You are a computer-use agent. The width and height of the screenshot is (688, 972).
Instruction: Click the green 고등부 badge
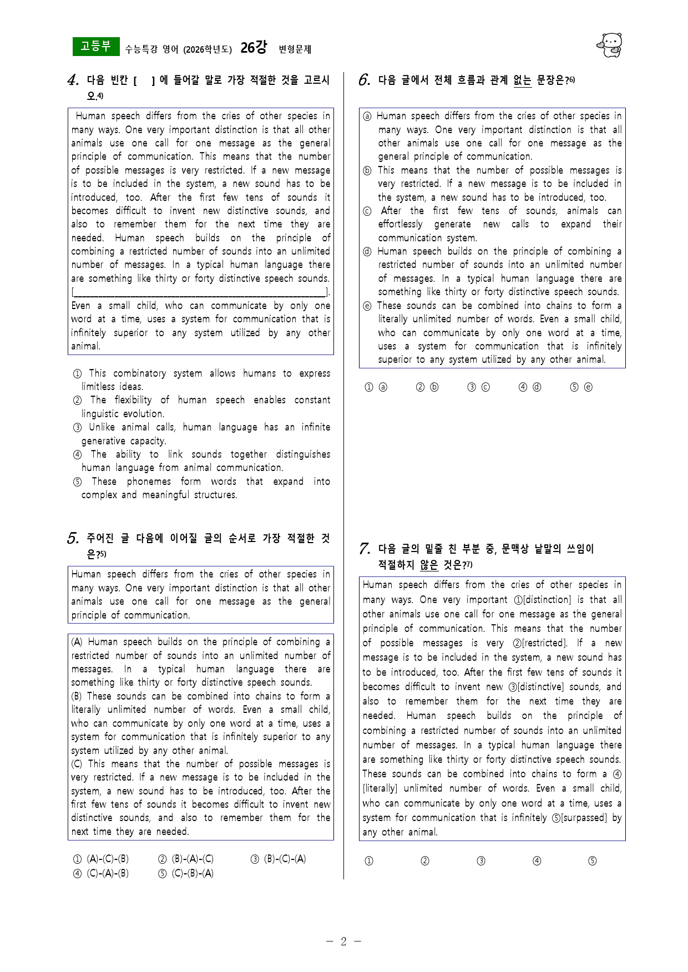tap(95, 47)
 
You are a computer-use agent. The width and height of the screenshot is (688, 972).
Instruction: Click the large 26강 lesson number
tap(254, 48)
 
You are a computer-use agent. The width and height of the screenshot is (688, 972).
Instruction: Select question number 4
tap(73, 81)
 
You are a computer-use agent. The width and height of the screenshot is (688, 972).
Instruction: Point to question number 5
tap(73, 539)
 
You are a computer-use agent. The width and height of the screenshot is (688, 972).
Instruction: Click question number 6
tap(364, 80)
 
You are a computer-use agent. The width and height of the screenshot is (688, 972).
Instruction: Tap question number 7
tap(365, 549)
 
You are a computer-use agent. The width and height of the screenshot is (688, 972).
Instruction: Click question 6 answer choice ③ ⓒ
tap(478, 387)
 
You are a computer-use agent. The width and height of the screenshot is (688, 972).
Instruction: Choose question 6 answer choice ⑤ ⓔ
tap(581, 387)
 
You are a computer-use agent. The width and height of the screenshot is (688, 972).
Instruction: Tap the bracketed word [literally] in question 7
tap(381, 788)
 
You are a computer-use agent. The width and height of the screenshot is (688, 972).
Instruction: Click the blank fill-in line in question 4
tap(200, 292)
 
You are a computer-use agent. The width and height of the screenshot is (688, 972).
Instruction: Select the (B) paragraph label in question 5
tap(77, 696)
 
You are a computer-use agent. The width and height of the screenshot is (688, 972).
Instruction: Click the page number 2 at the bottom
tap(343, 941)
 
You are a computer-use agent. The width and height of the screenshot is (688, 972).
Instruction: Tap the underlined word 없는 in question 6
tap(522, 81)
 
